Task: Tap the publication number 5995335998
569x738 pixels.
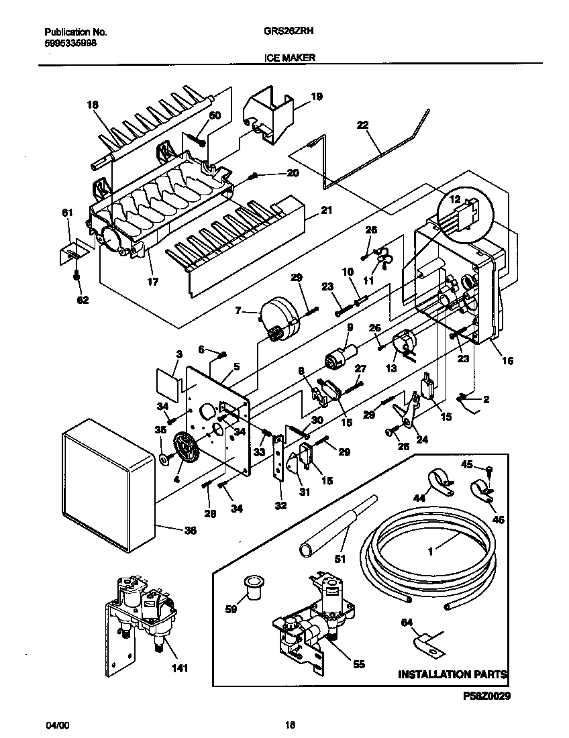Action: click(70, 41)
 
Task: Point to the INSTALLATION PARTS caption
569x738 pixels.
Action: click(452, 674)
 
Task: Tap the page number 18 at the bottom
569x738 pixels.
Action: click(290, 725)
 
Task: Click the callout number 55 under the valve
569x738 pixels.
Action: click(359, 664)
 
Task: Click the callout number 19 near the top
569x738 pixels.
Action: click(317, 97)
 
